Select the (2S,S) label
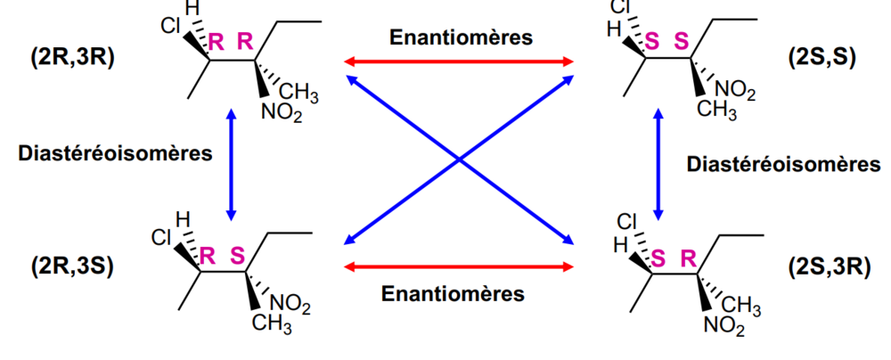tap(822, 57)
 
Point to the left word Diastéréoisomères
tap(116, 153)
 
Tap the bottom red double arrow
tap(459, 266)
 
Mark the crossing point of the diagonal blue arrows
tap(459, 160)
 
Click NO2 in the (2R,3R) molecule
tap(282, 114)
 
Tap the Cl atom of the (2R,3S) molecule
tap(161, 237)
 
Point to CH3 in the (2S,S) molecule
tap(717, 110)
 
